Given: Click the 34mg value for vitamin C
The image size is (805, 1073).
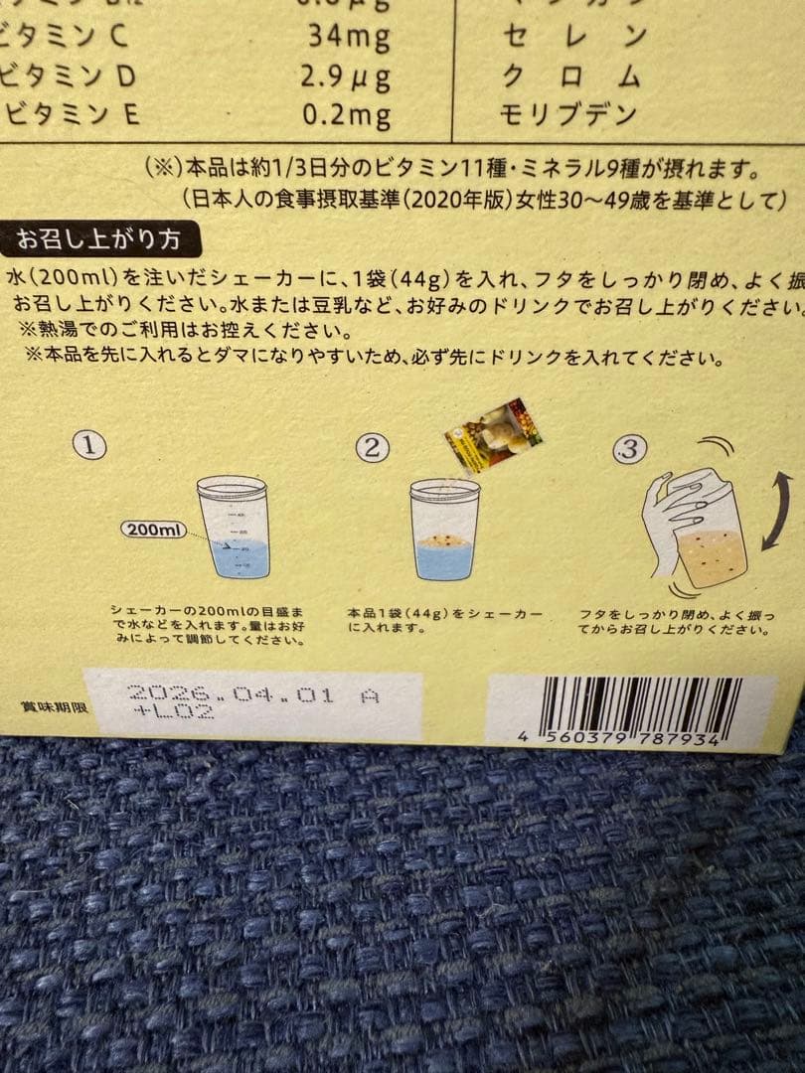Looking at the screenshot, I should tap(347, 39).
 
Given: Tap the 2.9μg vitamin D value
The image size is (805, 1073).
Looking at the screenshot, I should tap(345, 77).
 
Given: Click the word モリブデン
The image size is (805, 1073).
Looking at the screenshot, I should tap(569, 114).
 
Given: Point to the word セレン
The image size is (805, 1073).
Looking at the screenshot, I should tap(575, 39).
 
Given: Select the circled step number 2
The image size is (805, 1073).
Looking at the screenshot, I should tap(372, 447).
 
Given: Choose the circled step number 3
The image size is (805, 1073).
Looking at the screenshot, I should tap(627, 449).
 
